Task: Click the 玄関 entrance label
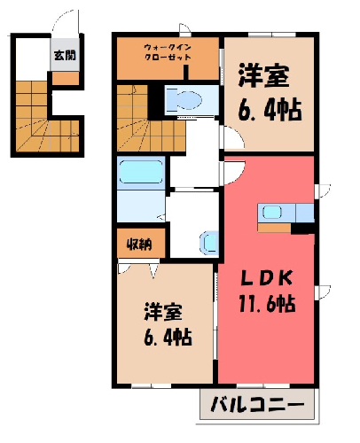coord(65,55)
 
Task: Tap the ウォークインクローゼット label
coord(168,52)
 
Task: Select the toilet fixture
coord(184,100)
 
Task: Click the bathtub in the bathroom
coord(141,172)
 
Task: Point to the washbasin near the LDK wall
coord(209,243)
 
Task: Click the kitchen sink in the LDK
coord(272,212)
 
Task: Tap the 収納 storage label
coord(139,245)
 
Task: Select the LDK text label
coord(267,277)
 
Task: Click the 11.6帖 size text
coord(267,304)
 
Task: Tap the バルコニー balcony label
coord(257,404)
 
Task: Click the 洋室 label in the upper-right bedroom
coord(263,75)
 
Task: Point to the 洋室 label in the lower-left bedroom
coord(163,312)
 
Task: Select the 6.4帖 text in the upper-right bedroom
coord(270,111)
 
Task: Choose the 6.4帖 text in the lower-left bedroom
coord(168,337)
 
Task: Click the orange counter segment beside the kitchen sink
coord(274,228)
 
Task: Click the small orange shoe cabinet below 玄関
coord(66,78)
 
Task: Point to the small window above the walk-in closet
coord(185,29)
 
